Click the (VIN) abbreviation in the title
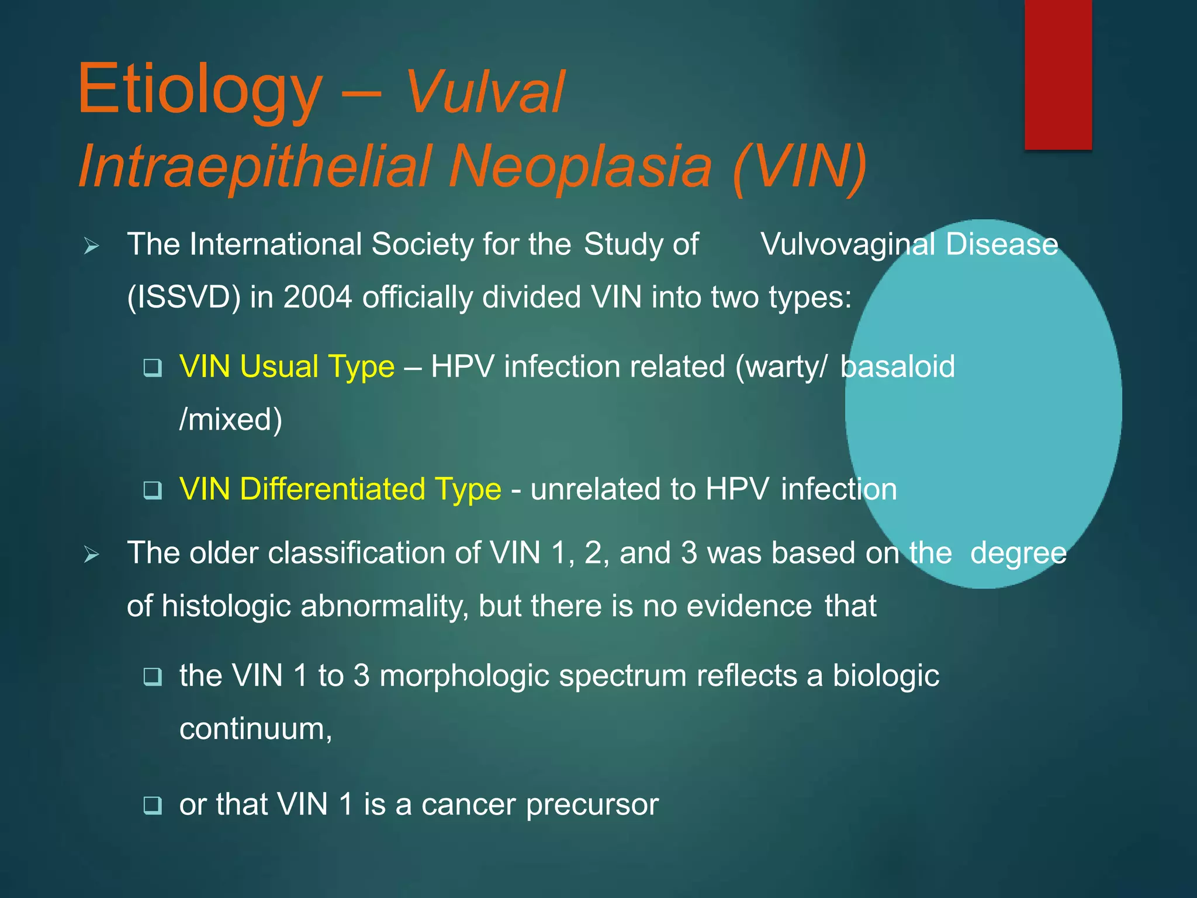pos(799,167)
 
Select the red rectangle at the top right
pos(1058,75)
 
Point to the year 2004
pos(317,297)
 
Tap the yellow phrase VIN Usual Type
pos(287,367)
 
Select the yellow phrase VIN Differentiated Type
pos(340,489)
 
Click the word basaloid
pos(897,367)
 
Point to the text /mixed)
pos(231,420)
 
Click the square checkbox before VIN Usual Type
pos(153,368)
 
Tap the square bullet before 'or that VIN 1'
pos(153,805)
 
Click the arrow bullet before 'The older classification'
pos(92,554)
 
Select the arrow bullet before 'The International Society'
pos(92,246)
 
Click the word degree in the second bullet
pos(1018,554)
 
